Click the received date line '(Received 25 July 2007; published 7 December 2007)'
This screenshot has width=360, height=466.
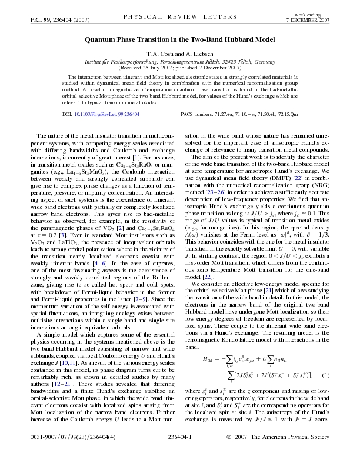coord(180,68)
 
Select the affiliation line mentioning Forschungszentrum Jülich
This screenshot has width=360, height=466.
coord(180,61)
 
